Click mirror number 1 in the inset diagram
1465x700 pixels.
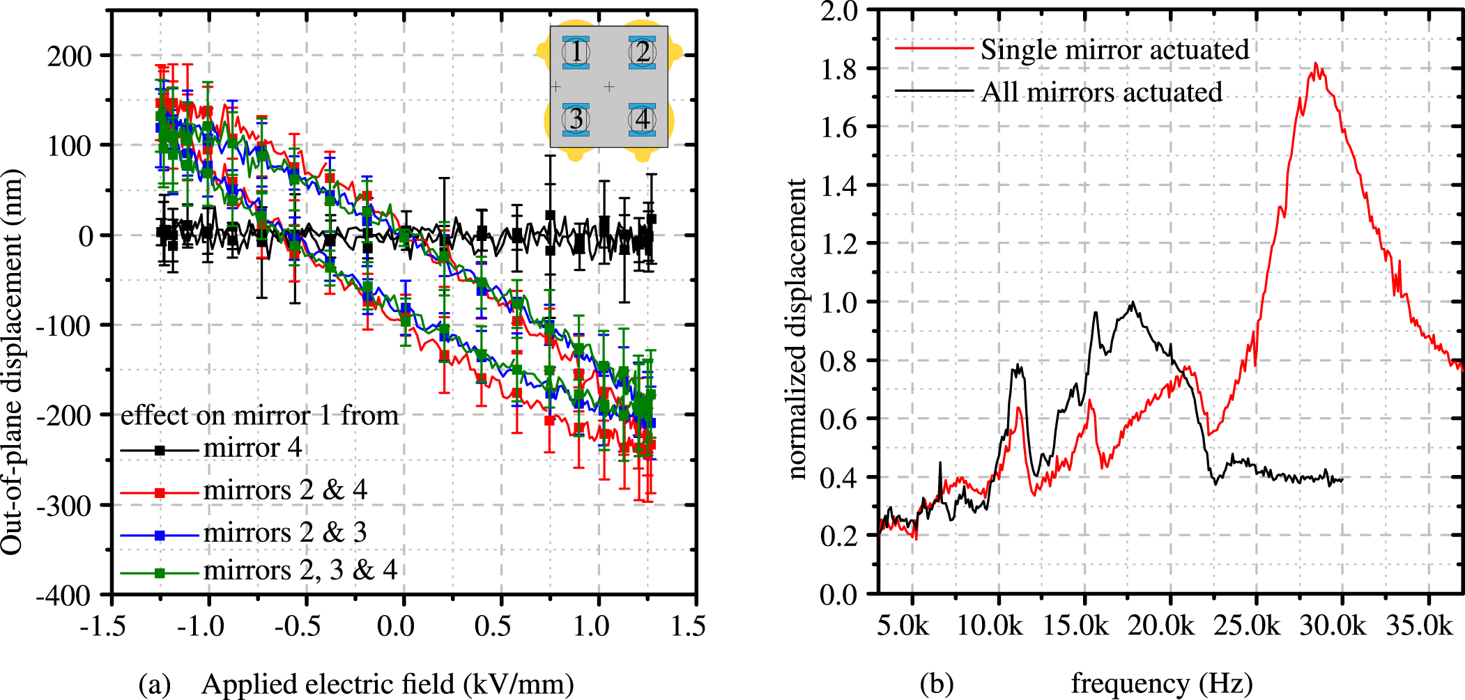(x=576, y=52)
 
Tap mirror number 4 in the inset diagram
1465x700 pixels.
(x=643, y=119)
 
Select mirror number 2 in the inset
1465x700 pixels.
(x=643, y=52)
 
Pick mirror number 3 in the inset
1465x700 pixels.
(x=576, y=119)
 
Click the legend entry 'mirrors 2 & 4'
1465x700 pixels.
(x=285, y=490)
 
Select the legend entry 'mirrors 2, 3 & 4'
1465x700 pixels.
(x=300, y=570)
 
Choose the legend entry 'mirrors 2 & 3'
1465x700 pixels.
(x=285, y=533)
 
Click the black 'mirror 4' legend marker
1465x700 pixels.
(x=160, y=450)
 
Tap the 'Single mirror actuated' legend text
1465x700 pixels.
(x=1114, y=49)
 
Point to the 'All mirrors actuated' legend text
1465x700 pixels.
(x=1101, y=92)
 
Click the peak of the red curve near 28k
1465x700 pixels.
(x=1315, y=64)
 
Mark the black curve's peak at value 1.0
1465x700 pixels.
(x=1133, y=302)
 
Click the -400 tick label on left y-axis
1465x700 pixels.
(x=64, y=596)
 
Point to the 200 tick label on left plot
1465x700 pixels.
(x=69, y=56)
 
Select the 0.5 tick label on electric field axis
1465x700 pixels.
(x=493, y=626)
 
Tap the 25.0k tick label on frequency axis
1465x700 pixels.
(x=1247, y=626)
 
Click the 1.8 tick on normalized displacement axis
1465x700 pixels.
(x=838, y=69)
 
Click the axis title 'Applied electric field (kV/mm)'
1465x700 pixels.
(x=388, y=684)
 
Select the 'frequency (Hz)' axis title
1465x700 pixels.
(x=1161, y=684)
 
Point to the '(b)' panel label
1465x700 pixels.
(x=936, y=684)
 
